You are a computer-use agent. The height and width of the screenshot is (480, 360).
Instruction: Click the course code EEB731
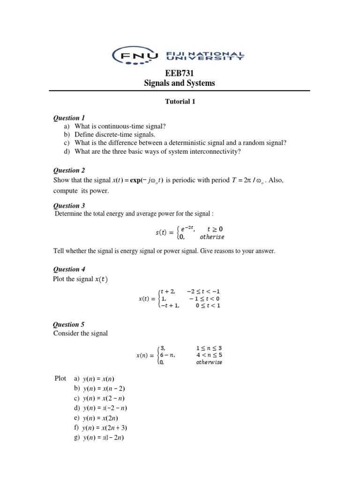tap(180, 73)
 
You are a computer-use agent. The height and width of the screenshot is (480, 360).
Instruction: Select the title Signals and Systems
tap(180, 83)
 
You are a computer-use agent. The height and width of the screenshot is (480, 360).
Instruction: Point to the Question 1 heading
tap(69, 118)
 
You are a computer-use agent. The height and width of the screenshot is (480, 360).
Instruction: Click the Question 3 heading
tap(69, 205)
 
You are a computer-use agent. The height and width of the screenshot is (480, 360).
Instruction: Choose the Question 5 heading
tap(69, 324)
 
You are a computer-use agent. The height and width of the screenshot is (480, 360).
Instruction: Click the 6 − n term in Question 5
tap(167, 355)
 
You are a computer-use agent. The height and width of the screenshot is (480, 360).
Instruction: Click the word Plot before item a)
tap(60, 378)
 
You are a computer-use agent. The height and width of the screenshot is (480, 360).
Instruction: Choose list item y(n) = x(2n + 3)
tap(106, 428)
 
